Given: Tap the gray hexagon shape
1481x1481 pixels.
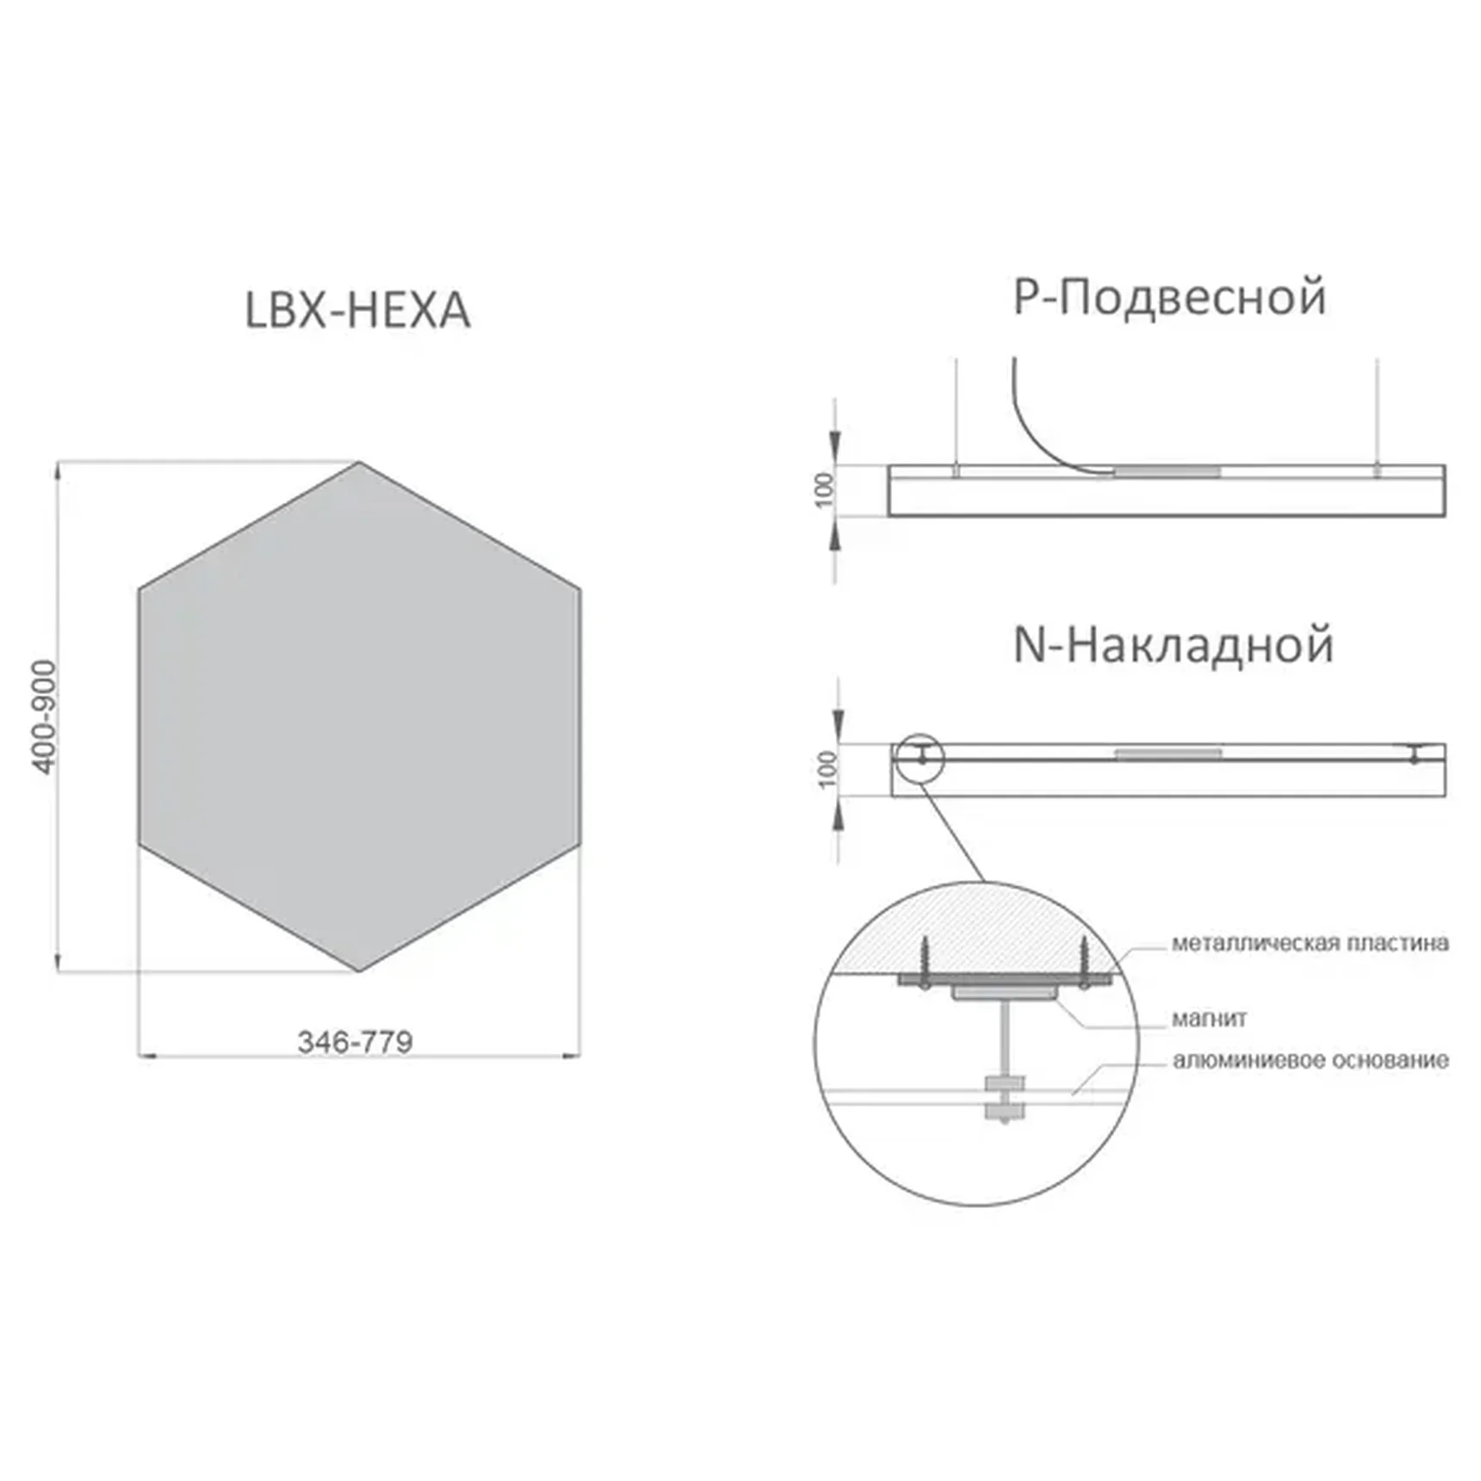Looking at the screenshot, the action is [359, 716].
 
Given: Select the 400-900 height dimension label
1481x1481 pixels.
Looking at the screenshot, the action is [43, 716].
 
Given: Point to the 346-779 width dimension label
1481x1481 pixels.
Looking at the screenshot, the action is [355, 1042].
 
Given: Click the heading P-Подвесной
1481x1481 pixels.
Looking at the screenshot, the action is [1169, 297].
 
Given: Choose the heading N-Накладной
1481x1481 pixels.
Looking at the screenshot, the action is [1174, 645].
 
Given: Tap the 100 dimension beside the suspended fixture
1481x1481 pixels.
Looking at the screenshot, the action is [825, 490].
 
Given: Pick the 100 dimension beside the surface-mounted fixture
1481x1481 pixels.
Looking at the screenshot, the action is [827, 769].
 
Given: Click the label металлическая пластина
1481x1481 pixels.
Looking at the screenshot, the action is [1310, 944].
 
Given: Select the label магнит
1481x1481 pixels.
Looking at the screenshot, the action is [1209, 1019].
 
